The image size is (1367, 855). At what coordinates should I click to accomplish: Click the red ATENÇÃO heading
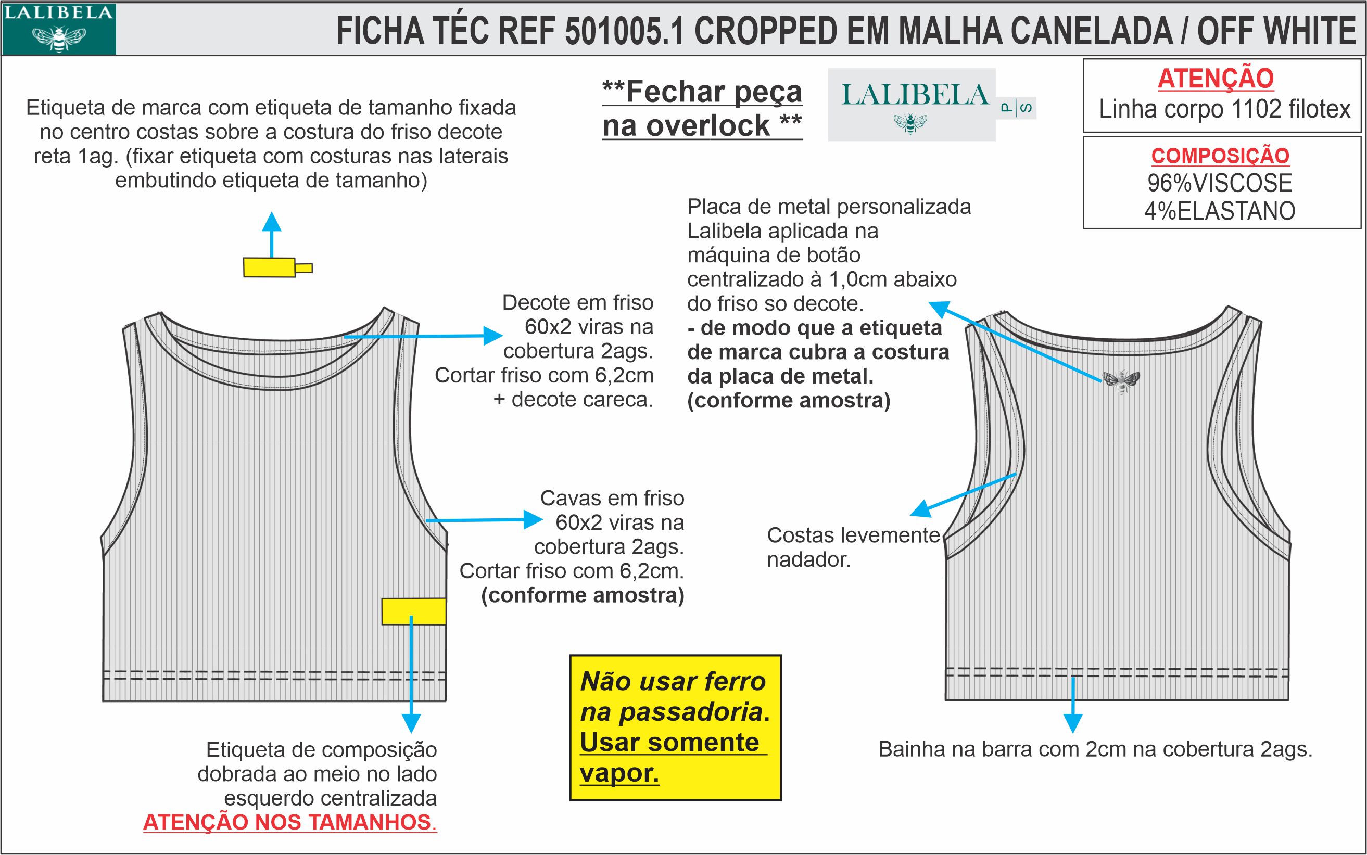pos(1216,79)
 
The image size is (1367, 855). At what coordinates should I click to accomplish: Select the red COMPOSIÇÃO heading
pos(1220,156)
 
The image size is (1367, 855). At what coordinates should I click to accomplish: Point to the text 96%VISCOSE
pos(1220,183)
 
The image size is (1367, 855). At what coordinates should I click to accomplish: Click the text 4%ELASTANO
pos(1220,211)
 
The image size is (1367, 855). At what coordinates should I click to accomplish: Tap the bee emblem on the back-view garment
pos(1120,381)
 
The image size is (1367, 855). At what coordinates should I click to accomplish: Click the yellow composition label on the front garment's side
pos(413,611)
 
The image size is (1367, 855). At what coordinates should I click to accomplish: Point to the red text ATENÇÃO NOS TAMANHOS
pos(289,822)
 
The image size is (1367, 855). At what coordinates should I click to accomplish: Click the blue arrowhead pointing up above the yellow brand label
pos(272,221)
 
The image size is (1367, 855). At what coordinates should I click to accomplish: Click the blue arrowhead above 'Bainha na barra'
pos(1072,723)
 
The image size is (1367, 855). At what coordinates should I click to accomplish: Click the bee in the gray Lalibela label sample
pos(910,123)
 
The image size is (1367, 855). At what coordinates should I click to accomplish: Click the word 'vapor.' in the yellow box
pos(619,773)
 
